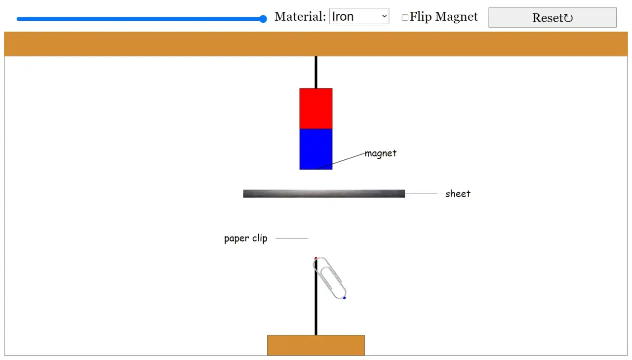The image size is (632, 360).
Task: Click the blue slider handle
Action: pyautogui.click(x=263, y=19)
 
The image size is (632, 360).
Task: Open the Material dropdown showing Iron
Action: pyautogui.click(x=359, y=16)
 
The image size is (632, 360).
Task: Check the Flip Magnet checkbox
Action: pyautogui.click(x=405, y=17)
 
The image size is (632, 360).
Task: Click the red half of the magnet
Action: pyautogui.click(x=316, y=109)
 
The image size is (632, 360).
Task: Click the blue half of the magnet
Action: pyautogui.click(x=316, y=149)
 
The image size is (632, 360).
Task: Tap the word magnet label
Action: pyautogui.click(x=381, y=154)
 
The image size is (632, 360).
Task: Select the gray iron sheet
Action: pyautogui.click(x=324, y=194)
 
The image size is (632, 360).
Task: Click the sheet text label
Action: pyautogui.click(x=458, y=194)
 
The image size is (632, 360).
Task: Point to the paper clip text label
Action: pyautogui.click(x=246, y=239)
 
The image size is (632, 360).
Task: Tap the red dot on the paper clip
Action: pyautogui.click(x=316, y=258)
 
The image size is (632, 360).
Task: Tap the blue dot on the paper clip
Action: pyautogui.click(x=345, y=298)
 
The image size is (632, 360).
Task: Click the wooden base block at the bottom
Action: pyautogui.click(x=316, y=345)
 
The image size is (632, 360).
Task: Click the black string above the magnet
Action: pyautogui.click(x=316, y=72)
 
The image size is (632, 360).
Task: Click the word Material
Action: pyautogui.click(x=300, y=16)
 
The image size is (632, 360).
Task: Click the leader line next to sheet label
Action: pyautogui.click(x=421, y=194)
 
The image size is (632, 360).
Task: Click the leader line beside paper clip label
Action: pyautogui.click(x=291, y=238)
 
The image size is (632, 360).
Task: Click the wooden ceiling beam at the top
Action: pyautogui.click(x=316, y=44)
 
